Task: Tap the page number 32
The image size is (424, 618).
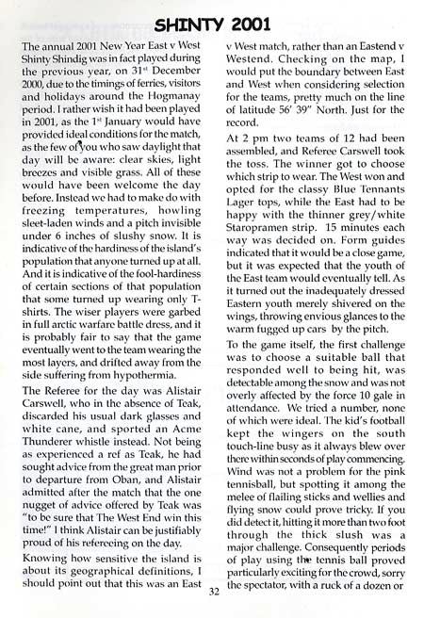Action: (213, 591)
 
